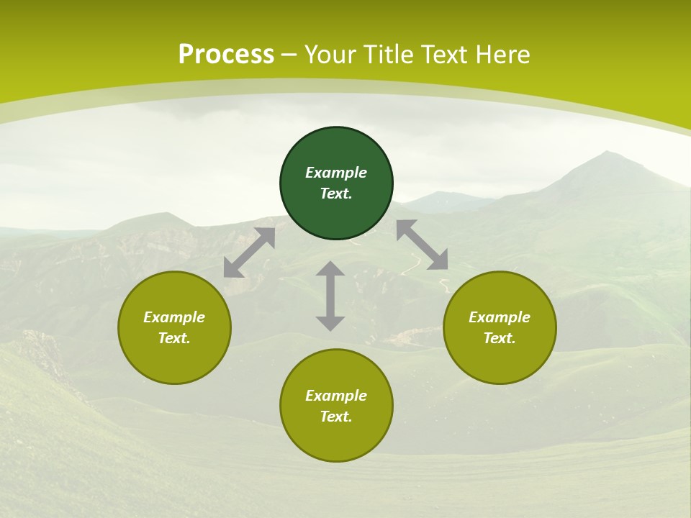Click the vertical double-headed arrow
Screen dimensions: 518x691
pyautogui.click(x=330, y=296)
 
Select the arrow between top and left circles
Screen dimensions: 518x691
pyautogui.click(x=249, y=253)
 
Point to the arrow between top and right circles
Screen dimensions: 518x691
pyautogui.click(x=422, y=245)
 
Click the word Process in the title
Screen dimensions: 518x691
pyautogui.click(x=226, y=55)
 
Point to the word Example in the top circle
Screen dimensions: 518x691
pyautogui.click(x=336, y=173)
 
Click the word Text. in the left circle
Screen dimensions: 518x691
pyautogui.click(x=174, y=338)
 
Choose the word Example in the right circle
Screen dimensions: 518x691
pyautogui.click(x=500, y=317)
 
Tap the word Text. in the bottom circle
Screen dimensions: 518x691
pyautogui.click(x=336, y=417)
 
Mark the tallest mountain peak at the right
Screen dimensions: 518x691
pyautogui.click(x=608, y=153)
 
